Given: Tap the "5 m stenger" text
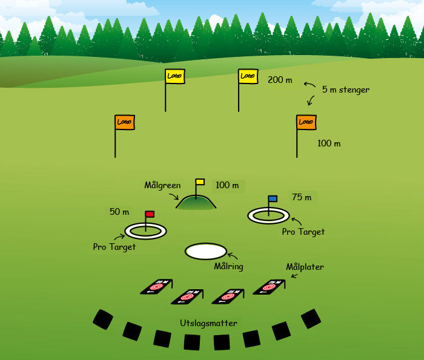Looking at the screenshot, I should click(x=345, y=90).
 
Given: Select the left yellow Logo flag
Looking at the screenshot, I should click(x=174, y=76).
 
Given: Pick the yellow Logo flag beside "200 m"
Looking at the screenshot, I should click(x=247, y=76).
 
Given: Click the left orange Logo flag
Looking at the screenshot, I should click(x=124, y=122).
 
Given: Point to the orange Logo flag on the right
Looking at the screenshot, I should click(x=306, y=122).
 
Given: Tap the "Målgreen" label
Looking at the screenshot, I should click(x=162, y=185).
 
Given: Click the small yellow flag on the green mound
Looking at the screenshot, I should click(x=200, y=182).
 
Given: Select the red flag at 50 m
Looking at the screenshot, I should click(x=150, y=214).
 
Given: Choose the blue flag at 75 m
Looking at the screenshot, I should click(x=273, y=198).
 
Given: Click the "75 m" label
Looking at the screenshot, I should click(x=301, y=197).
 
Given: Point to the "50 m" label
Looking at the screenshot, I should click(x=119, y=212).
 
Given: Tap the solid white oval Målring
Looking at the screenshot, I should click(x=206, y=251).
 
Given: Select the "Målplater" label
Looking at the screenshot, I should click(x=305, y=267).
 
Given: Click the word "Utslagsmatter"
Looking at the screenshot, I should click(x=208, y=323).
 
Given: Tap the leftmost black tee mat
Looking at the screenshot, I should click(x=103, y=319).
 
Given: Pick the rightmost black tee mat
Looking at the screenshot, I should click(x=311, y=318).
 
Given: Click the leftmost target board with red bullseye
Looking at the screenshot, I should click(x=157, y=286).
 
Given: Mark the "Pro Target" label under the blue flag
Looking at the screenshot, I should click(x=303, y=232).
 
